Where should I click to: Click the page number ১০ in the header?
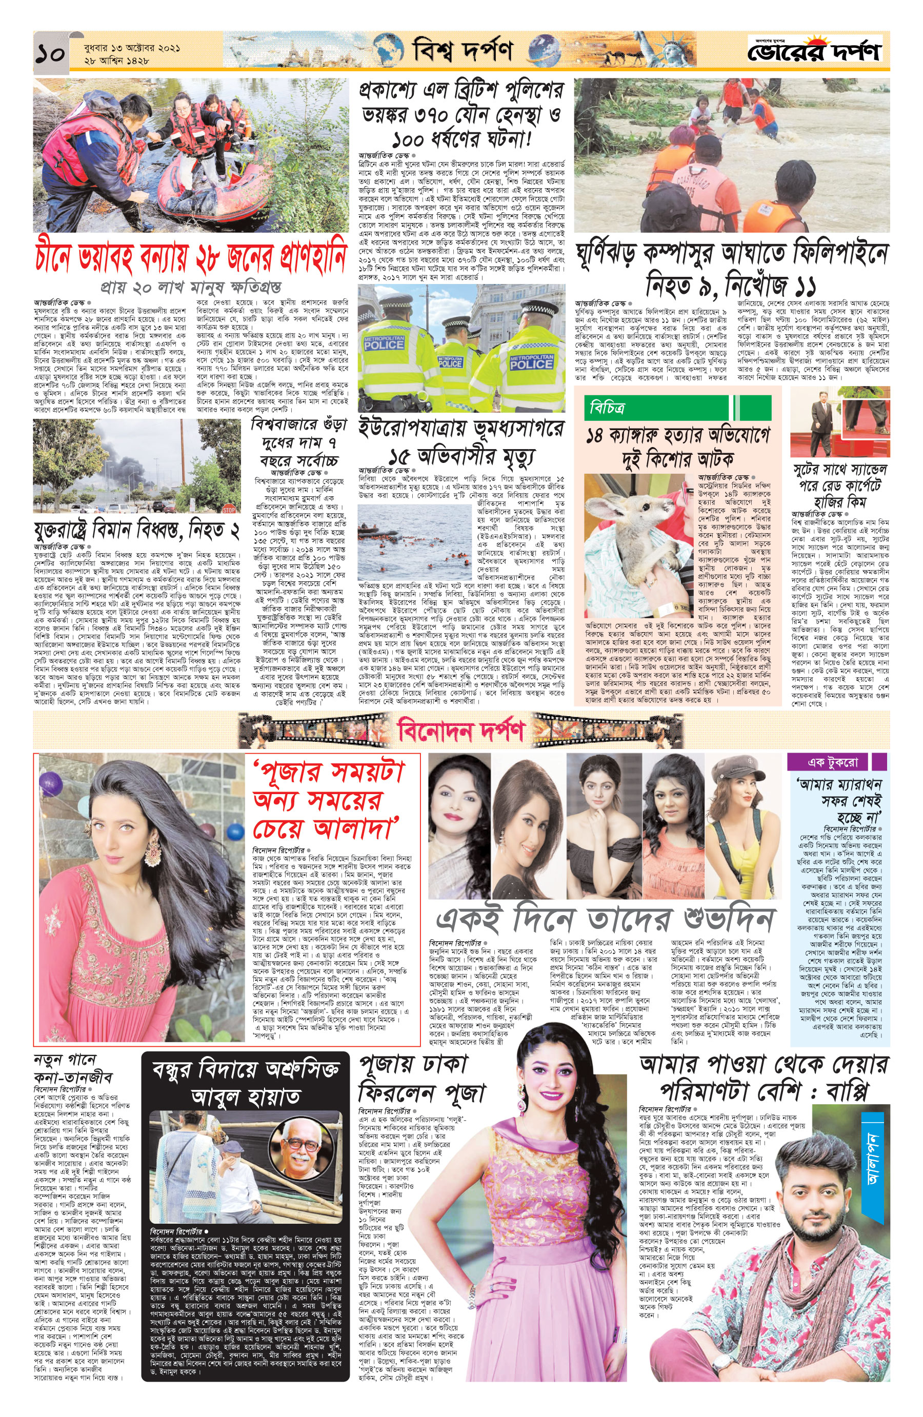coord(50,54)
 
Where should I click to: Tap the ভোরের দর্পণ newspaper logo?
coord(814,51)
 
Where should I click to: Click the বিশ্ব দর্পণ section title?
coord(463,51)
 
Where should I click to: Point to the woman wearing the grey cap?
coord(741,824)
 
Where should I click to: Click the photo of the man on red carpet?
coord(839,420)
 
